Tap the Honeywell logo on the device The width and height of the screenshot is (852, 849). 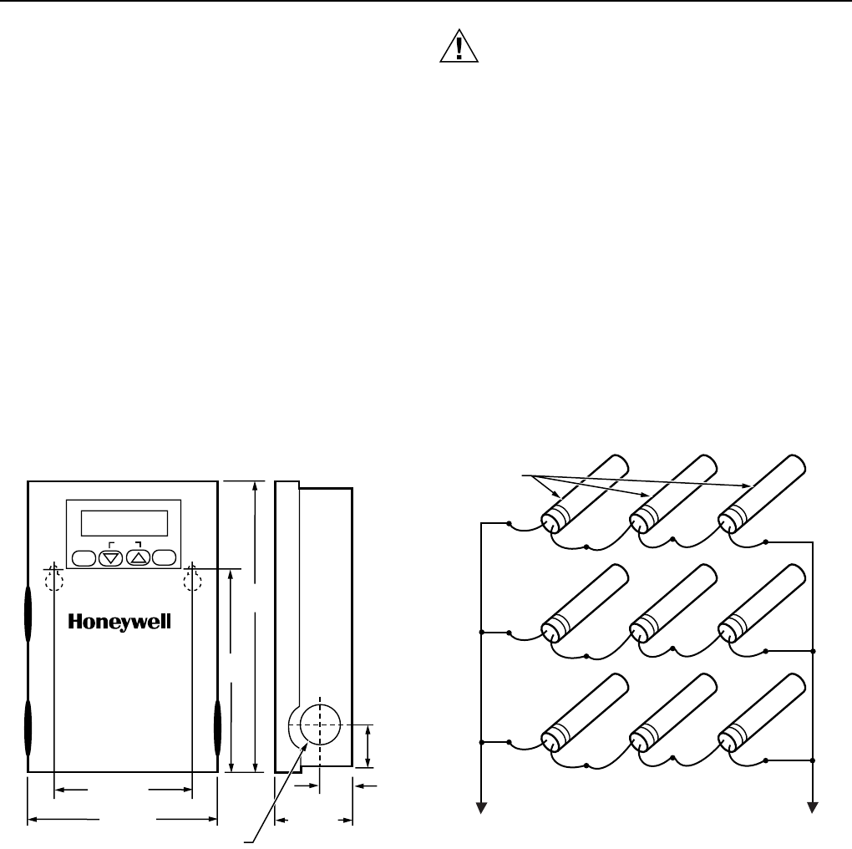tap(119, 622)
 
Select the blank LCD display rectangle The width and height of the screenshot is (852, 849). tap(124, 523)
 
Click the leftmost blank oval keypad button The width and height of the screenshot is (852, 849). tap(84, 557)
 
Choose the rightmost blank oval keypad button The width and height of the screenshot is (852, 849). tap(166, 557)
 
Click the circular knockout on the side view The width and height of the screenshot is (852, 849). tap(319, 723)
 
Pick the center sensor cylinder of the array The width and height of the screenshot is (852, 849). tap(672, 602)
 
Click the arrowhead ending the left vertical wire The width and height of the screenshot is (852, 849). tap(482, 807)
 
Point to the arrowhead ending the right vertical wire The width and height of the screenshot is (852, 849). tap(813, 807)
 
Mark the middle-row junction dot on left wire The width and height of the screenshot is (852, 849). tap(482, 631)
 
